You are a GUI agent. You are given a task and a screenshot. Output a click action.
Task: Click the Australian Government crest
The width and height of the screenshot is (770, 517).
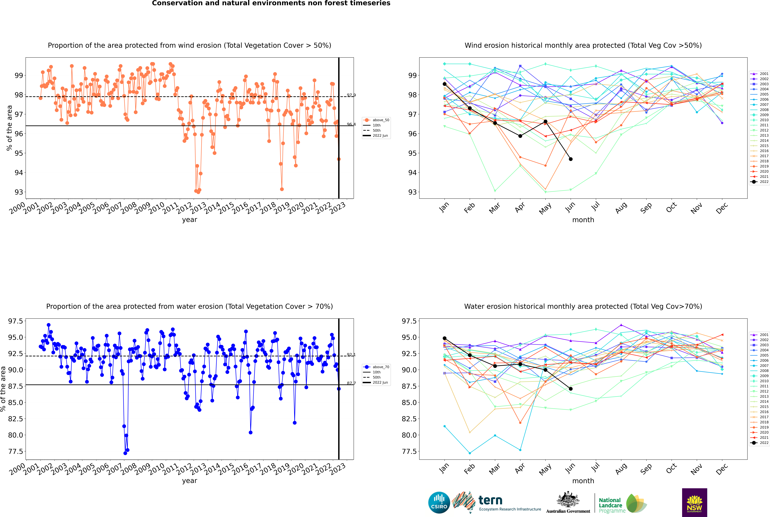coord(568,499)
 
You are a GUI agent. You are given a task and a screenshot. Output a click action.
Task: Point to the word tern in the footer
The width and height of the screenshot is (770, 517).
coord(490,501)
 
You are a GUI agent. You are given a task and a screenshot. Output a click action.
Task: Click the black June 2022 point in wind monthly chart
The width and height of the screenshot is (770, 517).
coord(571,159)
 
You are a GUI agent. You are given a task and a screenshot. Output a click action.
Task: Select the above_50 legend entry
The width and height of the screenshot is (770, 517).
coord(376,120)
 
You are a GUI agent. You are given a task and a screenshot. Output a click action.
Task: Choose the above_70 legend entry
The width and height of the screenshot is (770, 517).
coord(376,367)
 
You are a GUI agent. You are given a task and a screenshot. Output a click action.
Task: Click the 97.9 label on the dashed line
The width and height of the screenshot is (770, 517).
coord(351,95)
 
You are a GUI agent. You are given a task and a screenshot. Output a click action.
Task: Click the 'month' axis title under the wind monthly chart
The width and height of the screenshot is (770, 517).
coord(583,220)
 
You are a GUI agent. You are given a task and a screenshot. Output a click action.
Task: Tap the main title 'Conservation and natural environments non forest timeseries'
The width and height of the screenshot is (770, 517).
coord(271,3)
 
